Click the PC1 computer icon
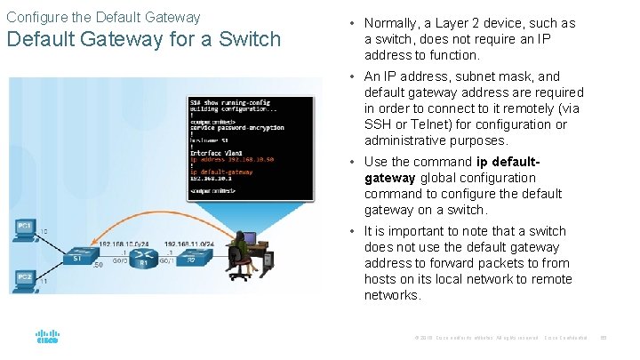pos(25,228)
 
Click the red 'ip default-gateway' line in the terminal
pos(221,171)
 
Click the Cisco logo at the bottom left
pos(47,337)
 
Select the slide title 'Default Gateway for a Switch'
pos(144,40)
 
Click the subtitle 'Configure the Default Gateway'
pos(103,17)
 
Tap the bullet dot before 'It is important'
pos(354,231)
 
